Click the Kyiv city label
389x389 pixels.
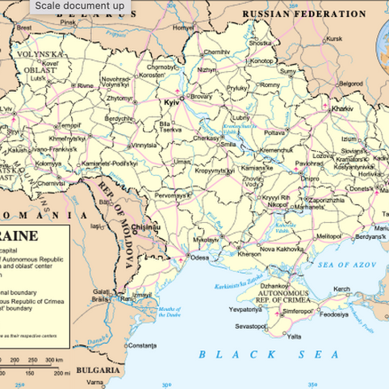point(170,105)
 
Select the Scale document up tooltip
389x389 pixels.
point(79,6)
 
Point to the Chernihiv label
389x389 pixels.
point(216,52)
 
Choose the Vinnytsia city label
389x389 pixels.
point(144,145)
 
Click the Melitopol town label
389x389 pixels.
point(328,236)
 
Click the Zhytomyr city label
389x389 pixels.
point(119,98)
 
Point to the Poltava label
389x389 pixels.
point(275,132)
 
